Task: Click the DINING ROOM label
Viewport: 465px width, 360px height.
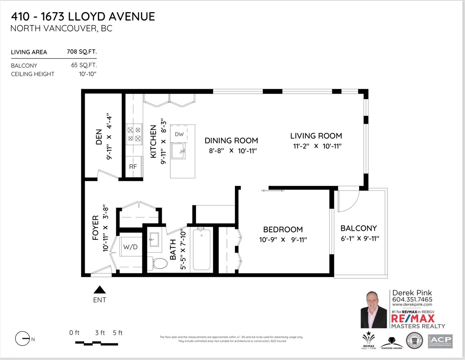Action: [x=231, y=141]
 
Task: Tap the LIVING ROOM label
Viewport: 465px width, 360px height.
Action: [x=316, y=136]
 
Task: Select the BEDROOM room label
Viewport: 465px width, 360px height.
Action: [x=283, y=229]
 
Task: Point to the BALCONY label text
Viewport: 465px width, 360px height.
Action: [x=358, y=228]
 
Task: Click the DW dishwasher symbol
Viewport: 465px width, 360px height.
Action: [x=179, y=134]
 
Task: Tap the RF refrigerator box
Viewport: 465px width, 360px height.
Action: [x=133, y=167]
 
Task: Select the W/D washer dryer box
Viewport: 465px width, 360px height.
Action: [x=130, y=247]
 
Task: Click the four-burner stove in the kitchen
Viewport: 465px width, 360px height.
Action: [x=134, y=134]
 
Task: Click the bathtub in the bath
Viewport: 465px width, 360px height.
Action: [x=201, y=250]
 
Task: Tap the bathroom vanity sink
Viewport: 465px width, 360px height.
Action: [x=154, y=239]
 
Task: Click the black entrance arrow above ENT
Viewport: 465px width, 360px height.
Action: [x=99, y=290]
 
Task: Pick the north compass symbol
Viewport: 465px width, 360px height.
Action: [x=22, y=339]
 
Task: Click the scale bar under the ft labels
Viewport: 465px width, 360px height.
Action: [x=97, y=344]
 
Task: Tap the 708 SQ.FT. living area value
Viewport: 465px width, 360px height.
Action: [x=82, y=52]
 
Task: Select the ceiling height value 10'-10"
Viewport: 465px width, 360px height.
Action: [x=88, y=74]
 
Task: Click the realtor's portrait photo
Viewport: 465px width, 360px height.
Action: [x=374, y=310]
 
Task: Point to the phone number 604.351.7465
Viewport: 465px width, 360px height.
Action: [x=412, y=300]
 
